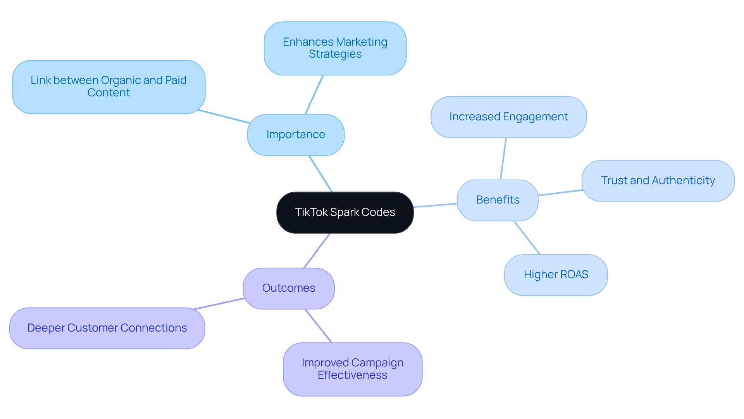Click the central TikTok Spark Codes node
(x=345, y=212)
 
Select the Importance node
(x=296, y=135)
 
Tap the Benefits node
(x=498, y=200)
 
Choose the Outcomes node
(x=289, y=288)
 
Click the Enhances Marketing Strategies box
(x=335, y=48)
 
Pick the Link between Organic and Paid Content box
(x=108, y=87)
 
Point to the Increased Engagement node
(x=508, y=117)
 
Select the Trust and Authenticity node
(x=658, y=181)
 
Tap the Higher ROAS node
(x=556, y=275)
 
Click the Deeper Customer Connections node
(x=107, y=328)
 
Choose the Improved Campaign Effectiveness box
(x=352, y=369)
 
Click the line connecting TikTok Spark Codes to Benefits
(x=435, y=205)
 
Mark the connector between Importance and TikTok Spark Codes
(x=320, y=174)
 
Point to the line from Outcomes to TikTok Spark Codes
(x=317, y=250)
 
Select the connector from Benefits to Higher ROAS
(x=527, y=238)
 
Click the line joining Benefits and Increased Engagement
(x=503, y=159)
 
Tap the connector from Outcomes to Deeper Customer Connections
(x=219, y=304)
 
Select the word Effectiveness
(x=352, y=375)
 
